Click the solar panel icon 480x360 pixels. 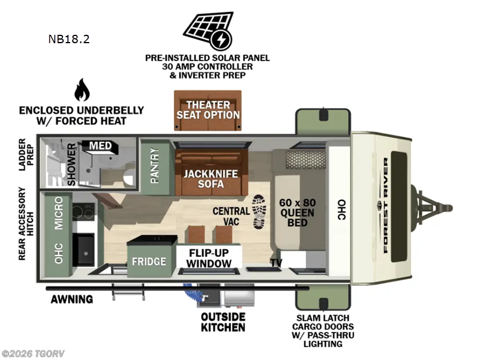point(208,31)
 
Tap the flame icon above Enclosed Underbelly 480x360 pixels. point(82,89)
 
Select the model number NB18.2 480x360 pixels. point(69,39)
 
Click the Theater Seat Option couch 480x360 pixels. point(208,110)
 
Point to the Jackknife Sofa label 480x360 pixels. point(211,179)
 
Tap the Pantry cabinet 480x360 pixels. point(155,167)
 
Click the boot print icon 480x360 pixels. point(259,212)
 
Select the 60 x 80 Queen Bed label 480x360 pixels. point(297,212)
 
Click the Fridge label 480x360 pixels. point(149,262)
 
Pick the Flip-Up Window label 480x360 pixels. point(209,258)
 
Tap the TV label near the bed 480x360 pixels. point(276,263)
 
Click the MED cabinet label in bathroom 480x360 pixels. point(100,146)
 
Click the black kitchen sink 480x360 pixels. point(84,250)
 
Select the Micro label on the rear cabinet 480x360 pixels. point(58,213)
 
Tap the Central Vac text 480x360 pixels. point(231,216)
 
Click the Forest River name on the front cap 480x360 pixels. point(386,205)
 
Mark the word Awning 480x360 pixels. point(72,299)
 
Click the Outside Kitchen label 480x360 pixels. point(223,322)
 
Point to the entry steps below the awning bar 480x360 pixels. point(128,292)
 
